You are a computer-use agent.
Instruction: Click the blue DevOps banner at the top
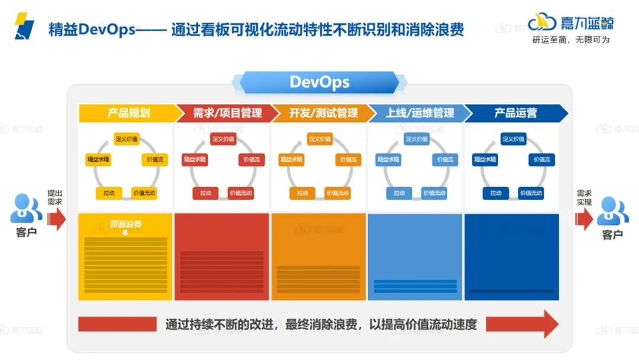click(x=319, y=82)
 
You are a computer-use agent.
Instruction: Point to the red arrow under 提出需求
click(x=57, y=220)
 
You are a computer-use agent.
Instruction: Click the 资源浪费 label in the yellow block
click(x=125, y=224)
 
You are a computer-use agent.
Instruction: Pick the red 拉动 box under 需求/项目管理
click(x=205, y=193)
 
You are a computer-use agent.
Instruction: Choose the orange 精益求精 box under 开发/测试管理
click(x=292, y=160)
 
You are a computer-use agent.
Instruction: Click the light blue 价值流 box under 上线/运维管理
click(x=445, y=160)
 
